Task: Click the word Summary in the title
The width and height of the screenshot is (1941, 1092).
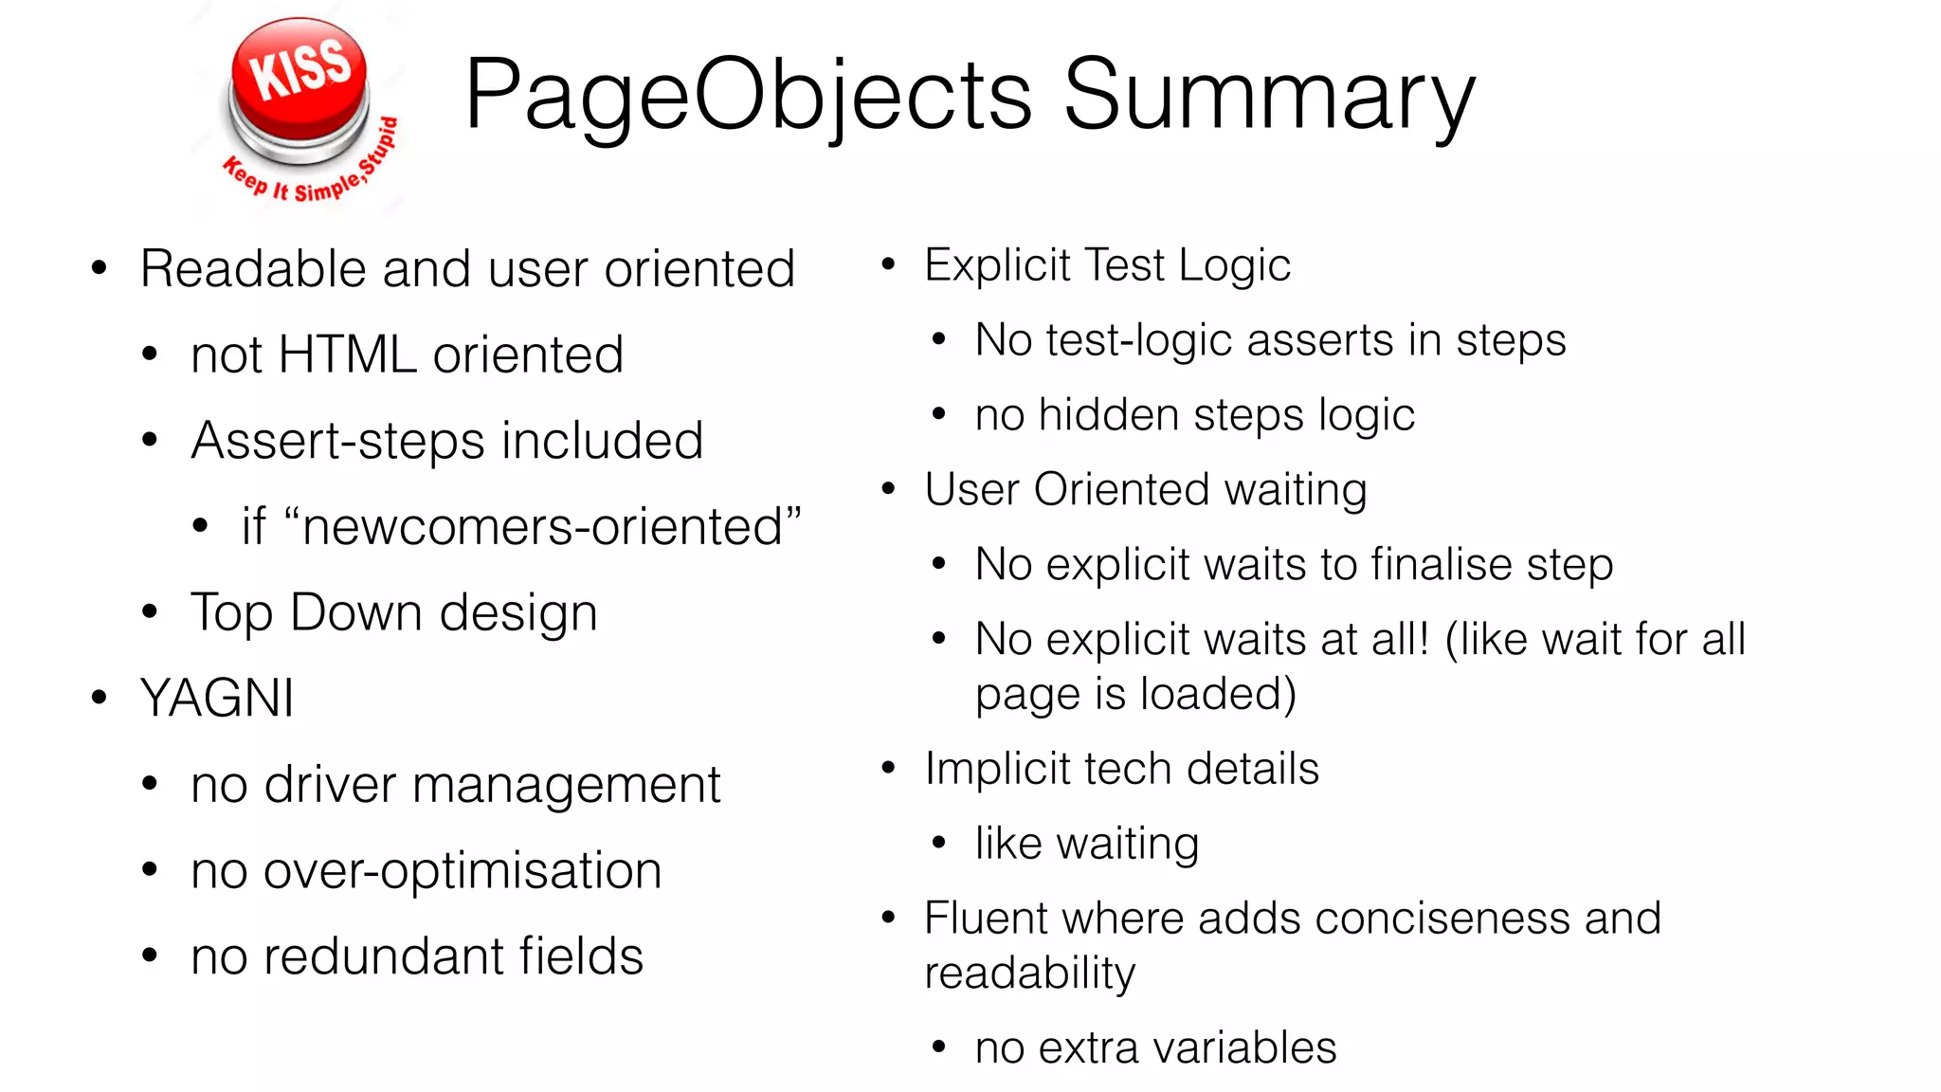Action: (x=1269, y=95)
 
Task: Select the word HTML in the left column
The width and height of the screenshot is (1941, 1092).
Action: (x=348, y=355)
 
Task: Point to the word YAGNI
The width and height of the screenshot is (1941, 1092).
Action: (x=217, y=700)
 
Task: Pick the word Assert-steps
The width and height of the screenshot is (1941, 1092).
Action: (x=338, y=442)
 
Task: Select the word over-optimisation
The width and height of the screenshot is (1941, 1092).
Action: (x=463, y=871)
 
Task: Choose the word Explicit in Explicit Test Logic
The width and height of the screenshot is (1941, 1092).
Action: (x=997, y=265)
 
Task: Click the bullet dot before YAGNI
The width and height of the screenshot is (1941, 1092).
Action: (x=100, y=699)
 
